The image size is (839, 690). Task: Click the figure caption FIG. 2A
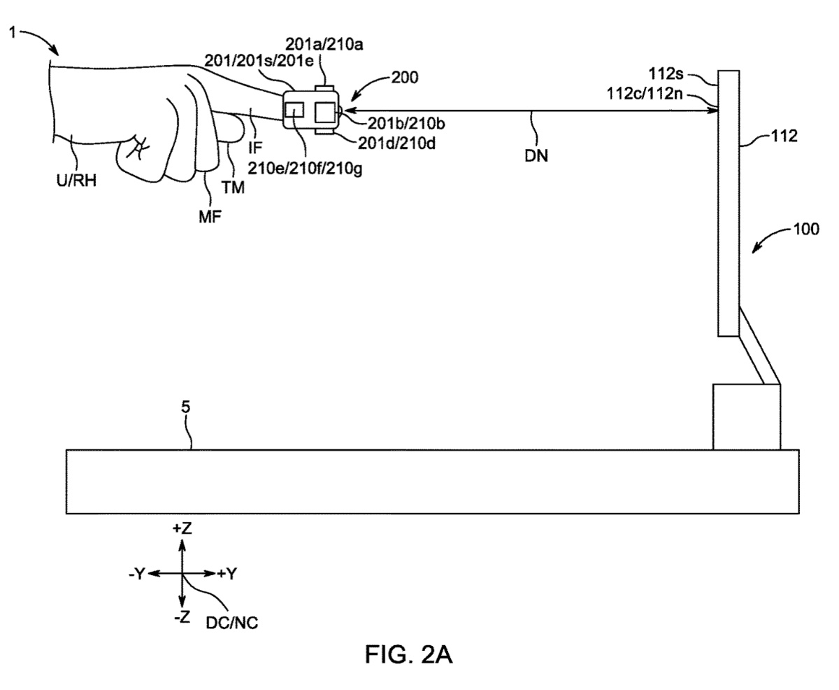409,655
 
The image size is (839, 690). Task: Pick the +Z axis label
182,528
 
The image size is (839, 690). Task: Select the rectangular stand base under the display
746,416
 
